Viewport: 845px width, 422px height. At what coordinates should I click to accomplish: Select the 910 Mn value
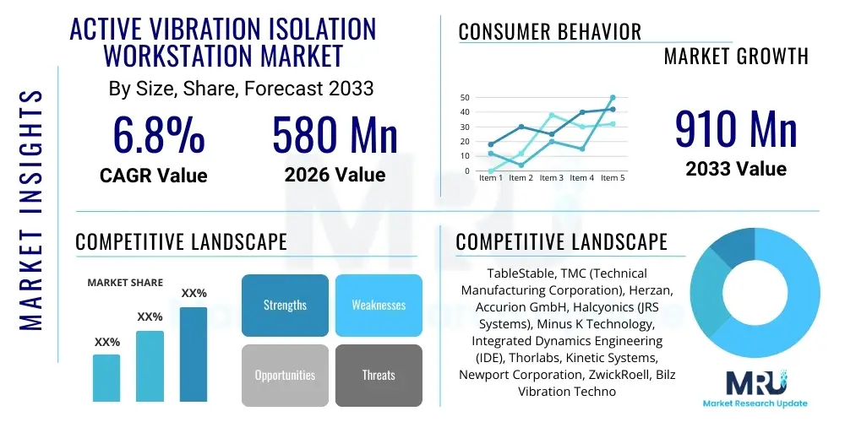pos(736,130)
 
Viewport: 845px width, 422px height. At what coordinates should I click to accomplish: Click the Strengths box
pos(285,305)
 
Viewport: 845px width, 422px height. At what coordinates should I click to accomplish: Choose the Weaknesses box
pos(378,305)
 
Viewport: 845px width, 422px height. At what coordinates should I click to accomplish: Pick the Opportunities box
pos(285,375)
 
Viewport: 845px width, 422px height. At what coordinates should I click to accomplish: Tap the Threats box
pos(378,375)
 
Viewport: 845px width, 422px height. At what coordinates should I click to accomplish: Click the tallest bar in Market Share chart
pos(194,354)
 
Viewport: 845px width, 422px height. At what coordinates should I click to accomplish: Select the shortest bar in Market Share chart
pos(106,377)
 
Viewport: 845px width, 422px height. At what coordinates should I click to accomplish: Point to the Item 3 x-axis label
pos(551,178)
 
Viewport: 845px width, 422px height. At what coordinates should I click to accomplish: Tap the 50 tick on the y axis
pos(464,98)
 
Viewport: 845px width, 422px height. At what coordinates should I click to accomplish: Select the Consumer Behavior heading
pos(549,32)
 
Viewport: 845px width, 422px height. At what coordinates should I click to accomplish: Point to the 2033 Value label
pos(736,169)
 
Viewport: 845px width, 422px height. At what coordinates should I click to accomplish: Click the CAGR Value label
pos(154,176)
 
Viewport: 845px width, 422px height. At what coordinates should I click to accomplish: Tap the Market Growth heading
pos(735,57)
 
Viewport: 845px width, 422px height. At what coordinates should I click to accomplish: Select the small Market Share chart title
pos(125,283)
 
